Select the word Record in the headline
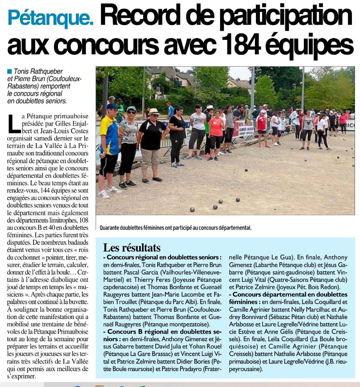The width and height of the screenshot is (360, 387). tap(144, 17)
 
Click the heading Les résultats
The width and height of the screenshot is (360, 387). tap(131, 247)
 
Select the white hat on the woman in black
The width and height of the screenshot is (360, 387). tap(154, 111)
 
